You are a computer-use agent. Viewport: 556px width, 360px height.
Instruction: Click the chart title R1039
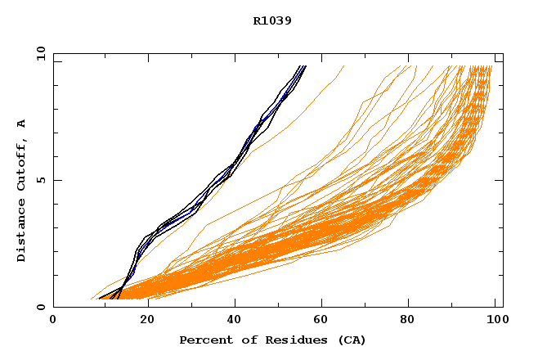[272, 20]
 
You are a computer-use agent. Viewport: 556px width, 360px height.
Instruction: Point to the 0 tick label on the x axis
[53, 321]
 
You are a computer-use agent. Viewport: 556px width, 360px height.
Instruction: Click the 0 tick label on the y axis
[40, 307]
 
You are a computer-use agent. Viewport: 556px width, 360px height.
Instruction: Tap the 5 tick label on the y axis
[40, 180]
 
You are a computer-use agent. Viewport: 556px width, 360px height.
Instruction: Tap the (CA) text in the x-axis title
[349, 340]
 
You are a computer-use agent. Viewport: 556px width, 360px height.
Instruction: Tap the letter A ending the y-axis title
[22, 123]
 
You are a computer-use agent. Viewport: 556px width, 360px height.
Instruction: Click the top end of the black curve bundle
[304, 66]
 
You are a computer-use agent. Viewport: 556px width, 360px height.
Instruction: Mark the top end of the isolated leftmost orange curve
[343, 66]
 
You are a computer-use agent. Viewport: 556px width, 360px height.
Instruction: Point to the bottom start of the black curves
[101, 298]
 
